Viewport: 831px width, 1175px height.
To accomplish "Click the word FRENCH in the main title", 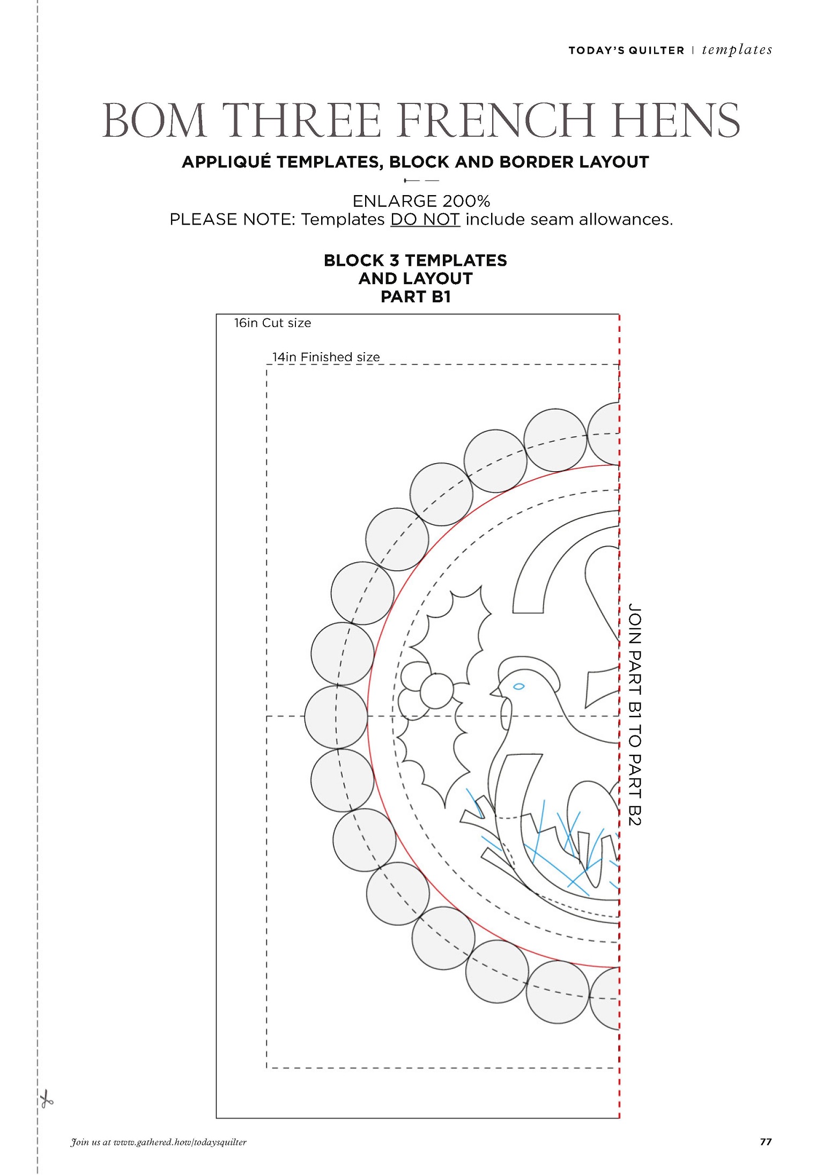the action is point(496,120).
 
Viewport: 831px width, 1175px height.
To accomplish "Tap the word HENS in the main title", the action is point(676,120).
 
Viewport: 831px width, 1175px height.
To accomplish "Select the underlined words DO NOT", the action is point(425,219).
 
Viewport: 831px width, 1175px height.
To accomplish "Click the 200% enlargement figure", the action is point(459,201).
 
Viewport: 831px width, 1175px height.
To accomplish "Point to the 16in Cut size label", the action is point(272,323).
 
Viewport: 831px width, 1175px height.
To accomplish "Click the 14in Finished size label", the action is point(326,357).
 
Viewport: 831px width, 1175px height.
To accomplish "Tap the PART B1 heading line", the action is point(415,296).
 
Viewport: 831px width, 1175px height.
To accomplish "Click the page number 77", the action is point(766,1142).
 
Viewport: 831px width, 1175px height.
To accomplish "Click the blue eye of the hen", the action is point(518,686).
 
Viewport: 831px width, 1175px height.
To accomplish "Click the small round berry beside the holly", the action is point(436,691).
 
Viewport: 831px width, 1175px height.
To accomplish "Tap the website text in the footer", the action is point(159,1142).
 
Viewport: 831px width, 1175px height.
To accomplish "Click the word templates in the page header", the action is point(737,50).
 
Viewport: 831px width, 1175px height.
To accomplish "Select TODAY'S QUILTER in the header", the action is point(626,50).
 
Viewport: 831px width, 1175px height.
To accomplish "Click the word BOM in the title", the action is point(154,120).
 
